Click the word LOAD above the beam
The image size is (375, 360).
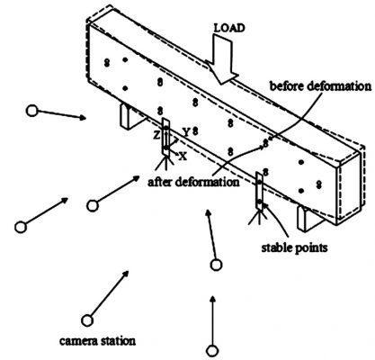click(x=229, y=28)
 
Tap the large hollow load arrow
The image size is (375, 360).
click(x=222, y=58)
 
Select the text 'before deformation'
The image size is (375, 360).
click(x=320, y=86)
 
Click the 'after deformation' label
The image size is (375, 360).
click(x=193, y=182)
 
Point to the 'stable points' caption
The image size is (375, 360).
click(x=294, y=247)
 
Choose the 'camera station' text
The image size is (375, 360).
click(x=97, y=341)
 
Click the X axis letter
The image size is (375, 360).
click(x=183, y=156)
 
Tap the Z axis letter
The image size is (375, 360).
click(x=156, y=136)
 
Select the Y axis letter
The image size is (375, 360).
click(x=186, y=132)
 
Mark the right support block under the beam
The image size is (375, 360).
click(x=308, y=219)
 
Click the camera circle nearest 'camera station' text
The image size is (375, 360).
click(x=87, y=320)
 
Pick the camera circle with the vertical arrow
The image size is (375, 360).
click(x=212, y=351)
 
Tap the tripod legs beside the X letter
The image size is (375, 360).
click(x=165, y=164)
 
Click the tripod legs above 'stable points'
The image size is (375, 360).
click(x=257, y=217)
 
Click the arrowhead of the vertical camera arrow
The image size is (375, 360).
click(x=213, y=300)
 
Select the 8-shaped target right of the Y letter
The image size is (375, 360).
click(x=195, y=130)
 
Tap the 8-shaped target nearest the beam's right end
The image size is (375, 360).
click(x=319, y=184)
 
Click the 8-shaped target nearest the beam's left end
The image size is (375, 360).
click(x=107, y=63)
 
